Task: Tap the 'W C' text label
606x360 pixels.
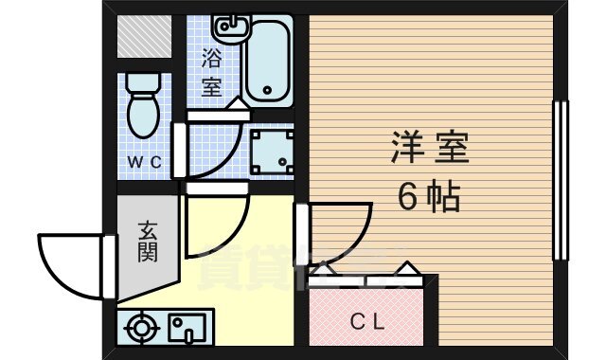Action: pyautogui.click(x=146, y=162)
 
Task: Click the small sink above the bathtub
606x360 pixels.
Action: pyautogui.click(x=225, y=26)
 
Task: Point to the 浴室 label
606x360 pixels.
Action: pyautogui.click(x=212, y=70)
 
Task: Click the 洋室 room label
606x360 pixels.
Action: pyautogui.click(x=430, y=150)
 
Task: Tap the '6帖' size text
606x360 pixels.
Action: pyautogui.click(x=428, y=196)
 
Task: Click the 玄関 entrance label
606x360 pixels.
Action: pyautogui.click(x=147, y=242)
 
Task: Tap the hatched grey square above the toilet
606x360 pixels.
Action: pyautogui.click(x=144, y=36)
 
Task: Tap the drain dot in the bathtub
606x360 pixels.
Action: pyautogui.click(x=267, y=92)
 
